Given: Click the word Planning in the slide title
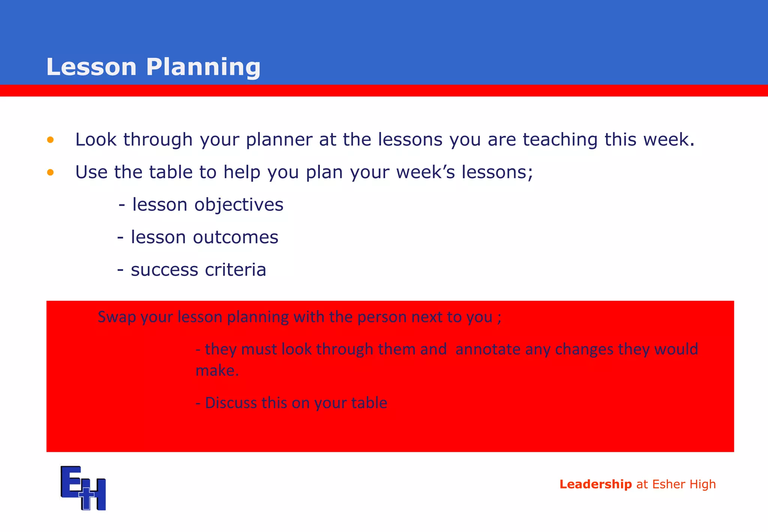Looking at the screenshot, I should tap(203, 68).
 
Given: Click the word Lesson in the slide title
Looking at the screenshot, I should tap(91, 67).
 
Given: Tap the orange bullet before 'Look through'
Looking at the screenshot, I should tap(50, 140).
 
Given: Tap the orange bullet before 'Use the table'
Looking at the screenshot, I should tap(50, 173).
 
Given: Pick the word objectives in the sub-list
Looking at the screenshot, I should tap(238, 205).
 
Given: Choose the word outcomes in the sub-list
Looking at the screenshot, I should tap(235, 237).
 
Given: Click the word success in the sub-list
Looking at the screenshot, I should tap(164, 270).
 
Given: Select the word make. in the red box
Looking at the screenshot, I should tap(217, 371).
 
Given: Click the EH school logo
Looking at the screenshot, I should tap(83, 488).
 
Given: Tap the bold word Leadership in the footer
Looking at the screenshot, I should tap(595, 484).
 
